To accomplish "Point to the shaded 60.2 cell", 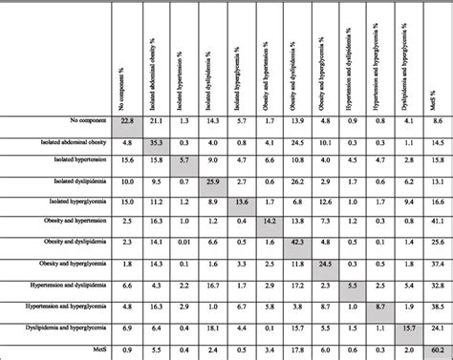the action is point(437,350).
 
